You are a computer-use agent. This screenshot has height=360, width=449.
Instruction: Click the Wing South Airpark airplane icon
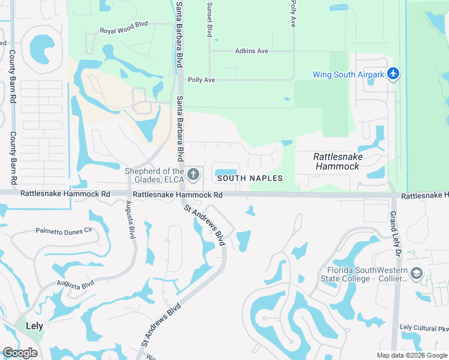coord(393,74)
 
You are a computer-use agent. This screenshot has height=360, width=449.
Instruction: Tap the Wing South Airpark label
coord(348,75)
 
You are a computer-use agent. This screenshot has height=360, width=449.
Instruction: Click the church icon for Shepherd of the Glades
coord(193,175)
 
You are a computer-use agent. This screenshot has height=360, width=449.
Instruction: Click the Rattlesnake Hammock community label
coord(337,161)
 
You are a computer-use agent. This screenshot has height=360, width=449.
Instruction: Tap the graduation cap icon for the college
coord(416,274)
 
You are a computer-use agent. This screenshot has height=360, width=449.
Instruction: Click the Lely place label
coord(34,326)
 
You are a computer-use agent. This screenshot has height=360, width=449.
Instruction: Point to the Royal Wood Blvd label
coord(123,30)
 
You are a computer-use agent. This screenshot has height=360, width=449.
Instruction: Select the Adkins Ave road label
coord(252,51)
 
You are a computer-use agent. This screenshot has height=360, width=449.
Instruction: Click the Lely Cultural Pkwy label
coord(424,328)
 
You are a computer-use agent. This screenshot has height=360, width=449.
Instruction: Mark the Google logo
coord(20,353)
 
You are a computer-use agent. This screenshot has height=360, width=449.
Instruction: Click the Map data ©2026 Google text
coord(412,355)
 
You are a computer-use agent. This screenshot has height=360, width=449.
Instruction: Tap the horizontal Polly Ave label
coord(202,80)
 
